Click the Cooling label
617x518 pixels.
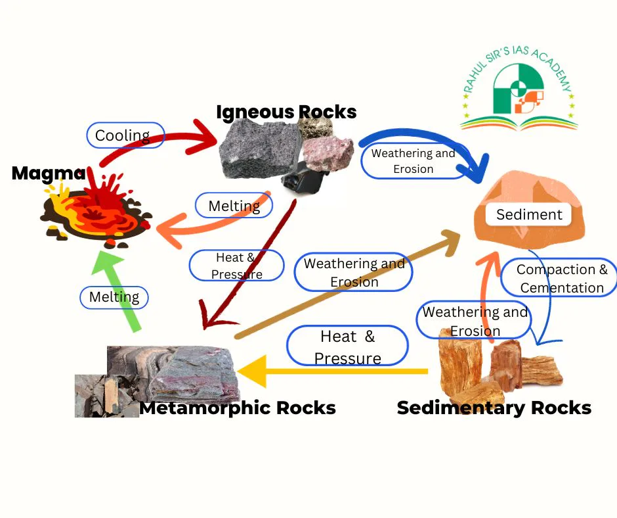[x=125, y=135]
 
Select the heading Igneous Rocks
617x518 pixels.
[x=286, y=112]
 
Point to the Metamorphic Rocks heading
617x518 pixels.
[x=238, y=408]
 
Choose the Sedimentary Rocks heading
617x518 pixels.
[x=494, y=408]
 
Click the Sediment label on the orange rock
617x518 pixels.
[x=529, y=214]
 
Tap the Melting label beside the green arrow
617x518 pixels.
[x=114, y=297]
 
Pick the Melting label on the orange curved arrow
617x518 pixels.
[x=234, y=206]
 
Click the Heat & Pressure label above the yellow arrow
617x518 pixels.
[x=347, y=346]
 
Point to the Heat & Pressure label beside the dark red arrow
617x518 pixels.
[x=236, y=266]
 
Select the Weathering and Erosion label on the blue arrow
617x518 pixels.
[x=413, y=161]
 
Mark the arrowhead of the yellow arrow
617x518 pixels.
[x=253, y=371]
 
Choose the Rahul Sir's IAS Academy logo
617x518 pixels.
[x=519, y=89]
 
